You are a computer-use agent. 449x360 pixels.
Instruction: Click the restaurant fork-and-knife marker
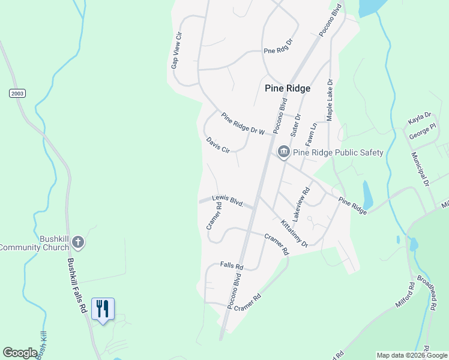pyautogui.click(x=103, y=309)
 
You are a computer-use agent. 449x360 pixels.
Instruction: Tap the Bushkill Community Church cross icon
pyautogui.click(x=78, y=242)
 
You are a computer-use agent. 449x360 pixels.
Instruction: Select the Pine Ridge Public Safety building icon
pyautogui.click(x=283, y=152)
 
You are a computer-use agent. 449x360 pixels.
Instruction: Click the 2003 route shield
pyautogui.click(x=17, y=93)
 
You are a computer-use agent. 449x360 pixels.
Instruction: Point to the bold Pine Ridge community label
pyautogui.click(x=288, y=88)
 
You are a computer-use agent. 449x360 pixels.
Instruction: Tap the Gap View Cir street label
pyautogui.click(x=176, y=51)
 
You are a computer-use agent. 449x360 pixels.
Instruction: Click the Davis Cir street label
pyautogui.click(x=218, y=145)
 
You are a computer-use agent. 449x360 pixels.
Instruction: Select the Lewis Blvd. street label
pyautogui.click(x=227, y=201)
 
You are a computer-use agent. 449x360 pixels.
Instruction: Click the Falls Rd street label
pyautogui.click(x=231, y=265)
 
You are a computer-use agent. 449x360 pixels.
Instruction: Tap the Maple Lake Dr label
pyautogui.click(x=330, y=99)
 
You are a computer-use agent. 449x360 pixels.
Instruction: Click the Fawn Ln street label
pyautogui.click(x=311, y=136)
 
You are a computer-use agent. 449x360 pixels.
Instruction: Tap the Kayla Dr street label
pyautogui.click(x=420, y=118)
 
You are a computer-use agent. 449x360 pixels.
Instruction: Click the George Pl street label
pyautogui.click(x=423, y=131)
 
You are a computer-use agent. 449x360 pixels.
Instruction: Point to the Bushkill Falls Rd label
pyautogui.click(x=77, y=286)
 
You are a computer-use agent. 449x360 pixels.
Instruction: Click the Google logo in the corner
pyautogui.click(x=20, y=353)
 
